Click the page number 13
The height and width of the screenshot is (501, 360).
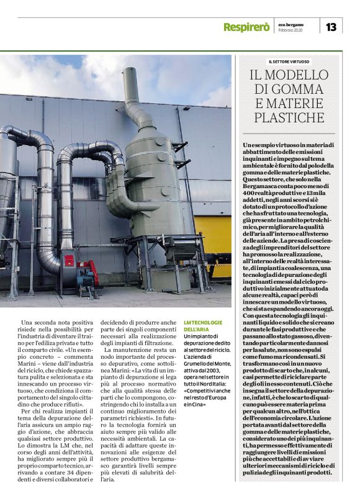(331, 27)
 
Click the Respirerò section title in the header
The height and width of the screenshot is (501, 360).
(246, 27)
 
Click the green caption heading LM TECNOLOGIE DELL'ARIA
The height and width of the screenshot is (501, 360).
(201, 325)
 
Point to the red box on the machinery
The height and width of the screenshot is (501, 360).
(68, 260)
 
